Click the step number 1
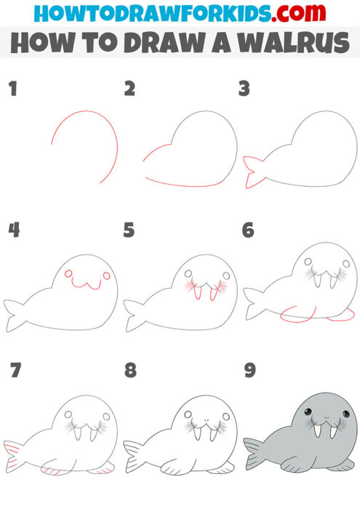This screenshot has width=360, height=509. coord(12,90)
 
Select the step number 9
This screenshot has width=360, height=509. coord(249,371)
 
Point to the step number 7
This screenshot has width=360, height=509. coord(12,371)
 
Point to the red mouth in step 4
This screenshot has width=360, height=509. coord(87,283)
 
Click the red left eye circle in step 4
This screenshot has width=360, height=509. coord(68,274)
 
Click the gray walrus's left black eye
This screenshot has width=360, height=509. coord(308,413)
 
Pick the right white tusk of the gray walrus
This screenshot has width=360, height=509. coord(334,430)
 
